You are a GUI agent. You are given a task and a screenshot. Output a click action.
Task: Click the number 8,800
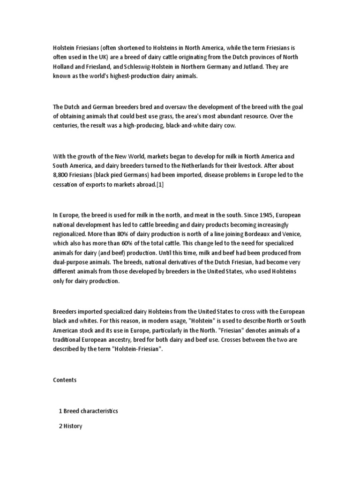[61, 175]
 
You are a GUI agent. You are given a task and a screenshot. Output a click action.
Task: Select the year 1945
[265, 215]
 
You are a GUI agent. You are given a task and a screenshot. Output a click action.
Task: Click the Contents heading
[65, 380]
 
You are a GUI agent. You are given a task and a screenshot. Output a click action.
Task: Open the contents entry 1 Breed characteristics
[88, 411]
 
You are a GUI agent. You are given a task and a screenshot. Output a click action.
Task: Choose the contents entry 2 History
[70, 427]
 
